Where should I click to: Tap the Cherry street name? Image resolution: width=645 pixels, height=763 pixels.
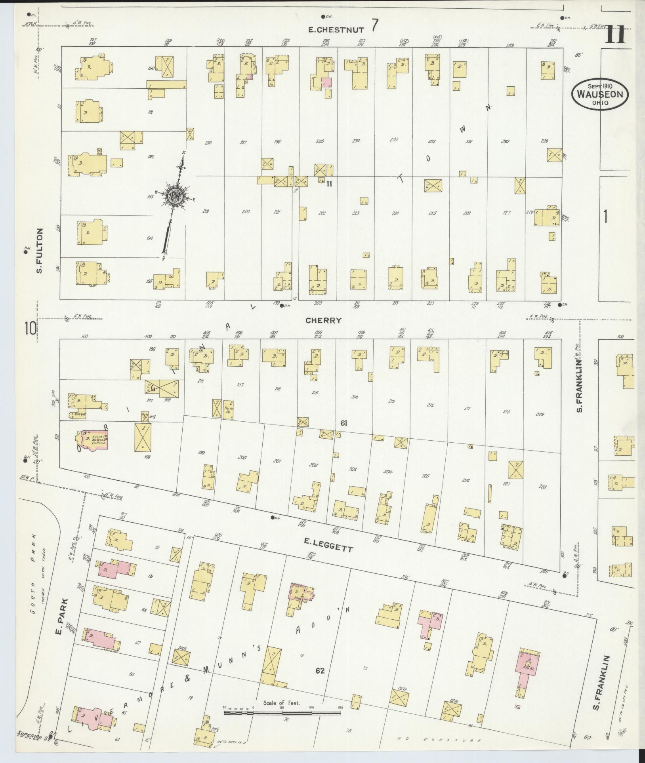[x=323, y=320]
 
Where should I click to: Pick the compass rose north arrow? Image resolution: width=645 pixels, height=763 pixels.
[x=175, y=196]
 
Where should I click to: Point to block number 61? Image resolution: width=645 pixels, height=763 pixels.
[x=343, y=424]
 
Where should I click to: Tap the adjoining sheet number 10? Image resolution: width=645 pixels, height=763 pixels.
[x=30, y=328]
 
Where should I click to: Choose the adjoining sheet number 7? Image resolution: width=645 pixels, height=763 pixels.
[x=374, y=26]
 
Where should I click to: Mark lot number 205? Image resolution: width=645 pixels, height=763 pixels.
[x=426, y=476]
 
